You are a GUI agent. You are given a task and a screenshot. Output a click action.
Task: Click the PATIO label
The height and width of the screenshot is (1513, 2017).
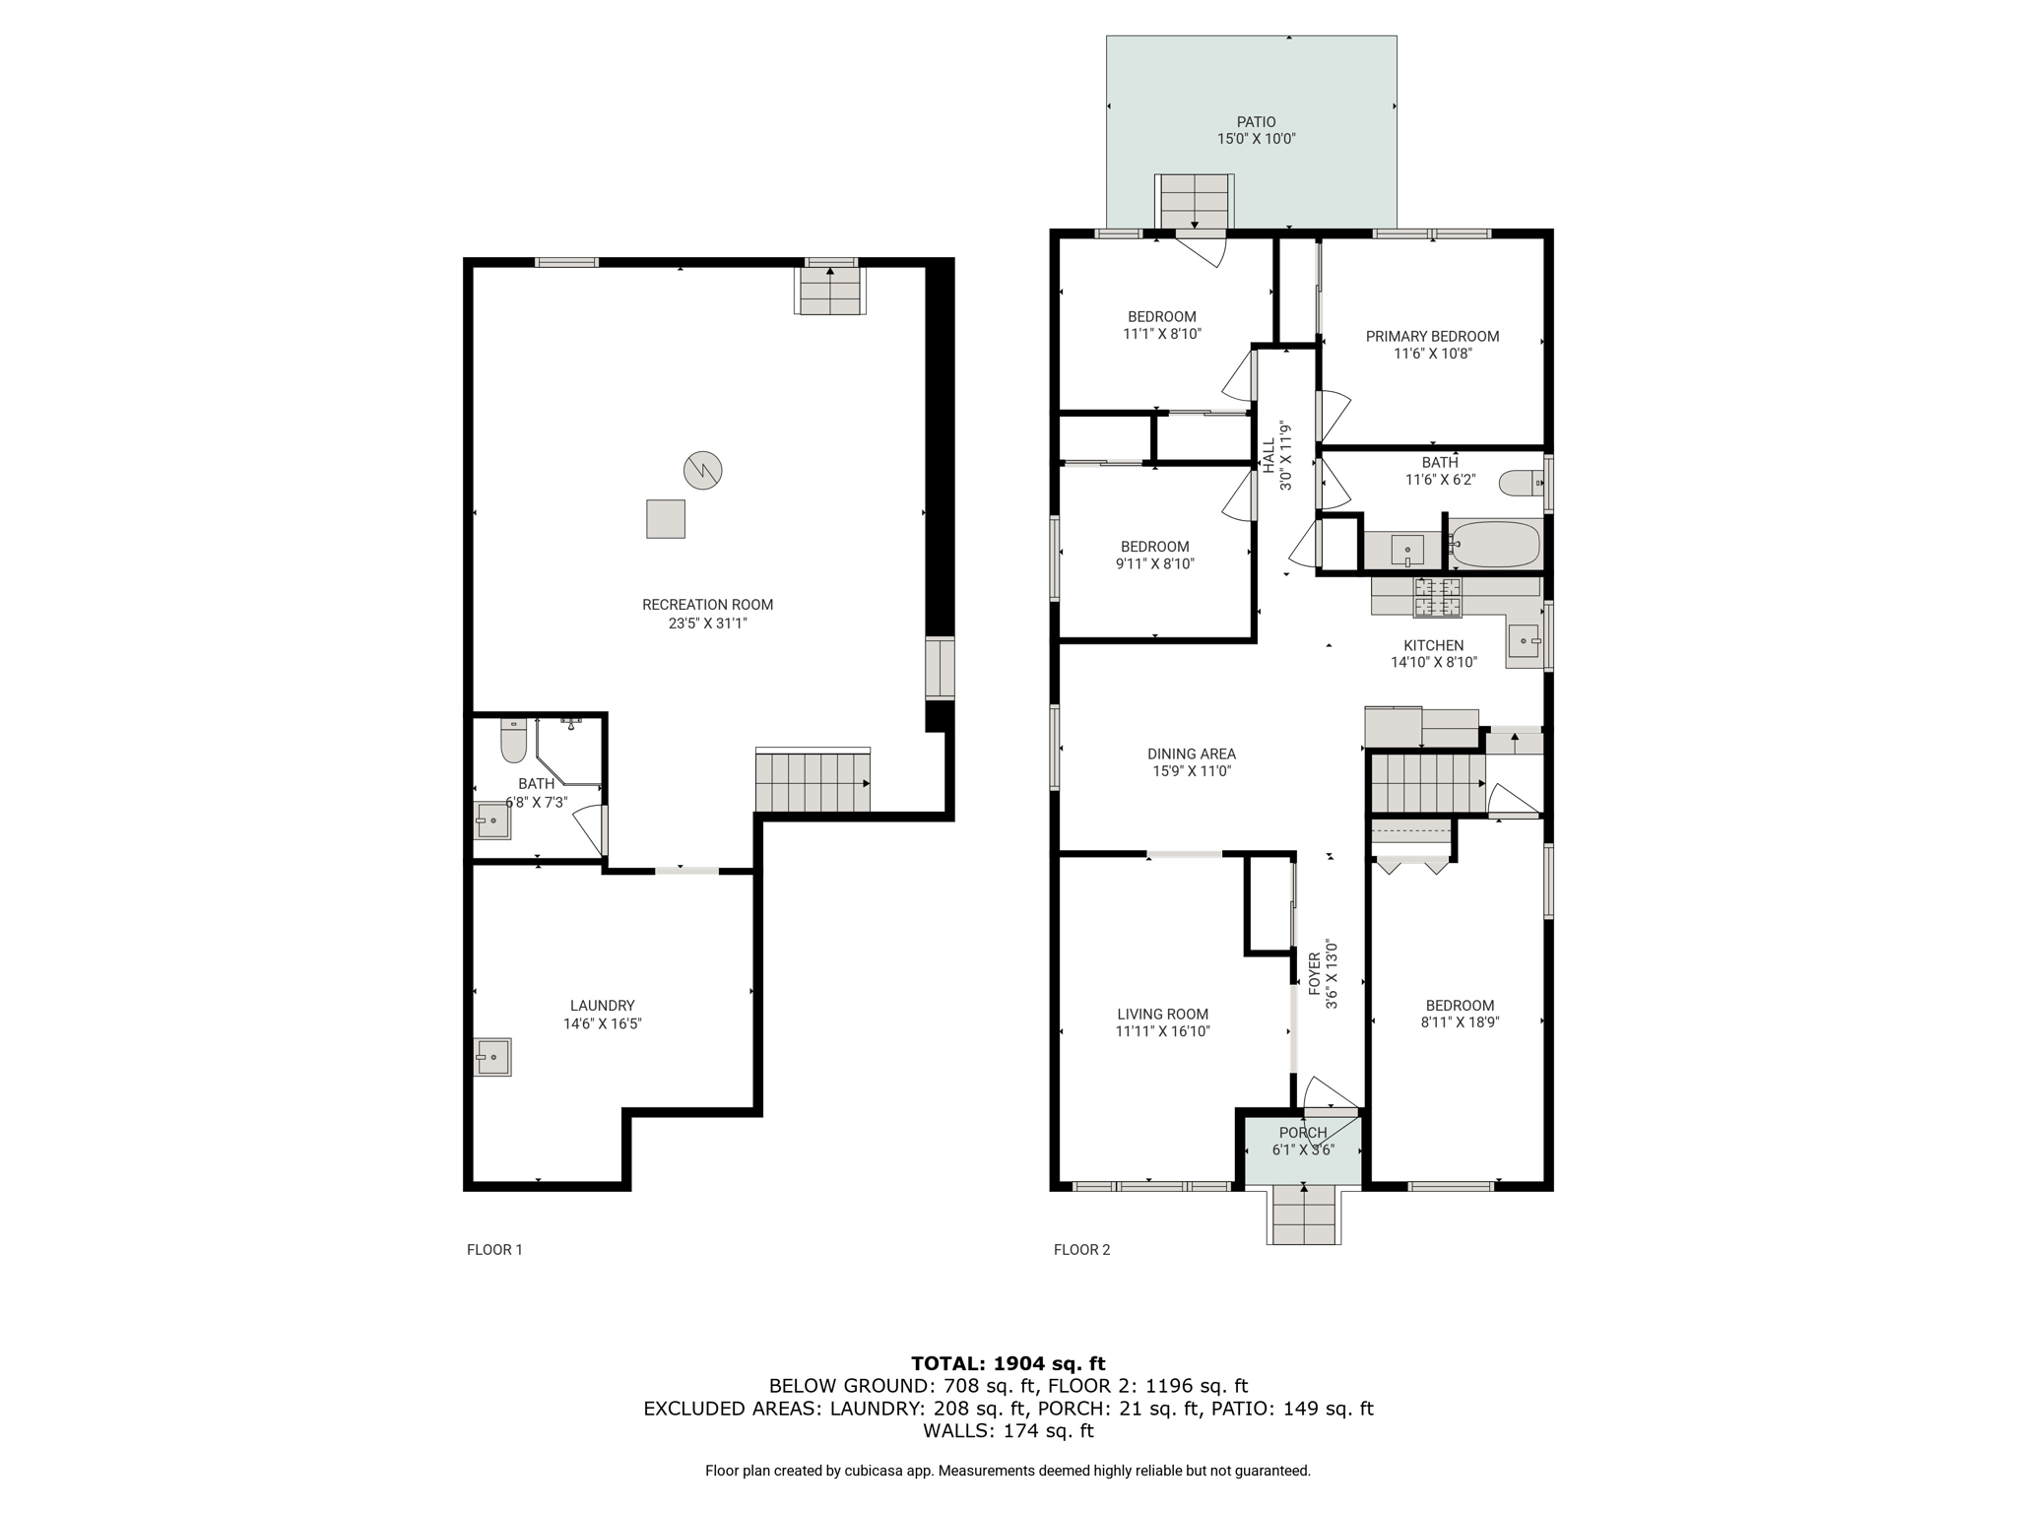tap(1256, 122)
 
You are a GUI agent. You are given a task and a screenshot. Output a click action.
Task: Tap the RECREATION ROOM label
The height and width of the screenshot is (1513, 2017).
tap(707, 605)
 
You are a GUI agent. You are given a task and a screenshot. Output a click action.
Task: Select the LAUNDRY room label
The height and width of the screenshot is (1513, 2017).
tap(602, 1006)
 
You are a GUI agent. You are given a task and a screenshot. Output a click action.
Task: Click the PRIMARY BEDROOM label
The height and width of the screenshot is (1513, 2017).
tap(1432, 337)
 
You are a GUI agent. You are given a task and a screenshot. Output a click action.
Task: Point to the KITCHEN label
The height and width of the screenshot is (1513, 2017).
tap(1433, 645)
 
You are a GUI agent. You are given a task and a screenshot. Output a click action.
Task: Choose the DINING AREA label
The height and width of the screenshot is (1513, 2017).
tap(1192, 755)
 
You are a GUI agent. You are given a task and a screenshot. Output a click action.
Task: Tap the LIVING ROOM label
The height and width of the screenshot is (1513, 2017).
tap(1162, 1015)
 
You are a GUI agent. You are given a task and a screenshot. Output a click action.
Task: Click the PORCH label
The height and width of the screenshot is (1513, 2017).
tap(1303, 1133)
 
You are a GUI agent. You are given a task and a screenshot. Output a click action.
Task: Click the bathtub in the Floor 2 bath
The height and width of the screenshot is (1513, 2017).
tap(1495, 544)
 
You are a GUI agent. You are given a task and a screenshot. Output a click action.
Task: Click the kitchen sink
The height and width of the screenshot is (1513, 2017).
tap(1525, 642)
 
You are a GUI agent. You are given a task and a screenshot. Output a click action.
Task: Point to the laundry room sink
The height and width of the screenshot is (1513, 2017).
tap(492, 1057)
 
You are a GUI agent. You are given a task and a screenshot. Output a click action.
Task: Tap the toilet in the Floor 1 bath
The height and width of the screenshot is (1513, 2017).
tap(513, 741)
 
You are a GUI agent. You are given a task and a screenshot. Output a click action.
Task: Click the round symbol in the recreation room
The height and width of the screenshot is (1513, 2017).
tap(702, 470)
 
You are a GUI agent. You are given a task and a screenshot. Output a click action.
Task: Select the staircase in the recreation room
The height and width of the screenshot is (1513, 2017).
tap(813, 781)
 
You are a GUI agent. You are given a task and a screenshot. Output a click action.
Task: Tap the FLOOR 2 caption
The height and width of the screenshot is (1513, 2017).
tap(1081, 1250)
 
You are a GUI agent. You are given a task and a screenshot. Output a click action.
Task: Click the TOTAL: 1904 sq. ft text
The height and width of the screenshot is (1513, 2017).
tap(1008, 1363)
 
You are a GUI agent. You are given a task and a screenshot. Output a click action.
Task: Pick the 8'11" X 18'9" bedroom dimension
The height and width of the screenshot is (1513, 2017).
tap(1460, 1022)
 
